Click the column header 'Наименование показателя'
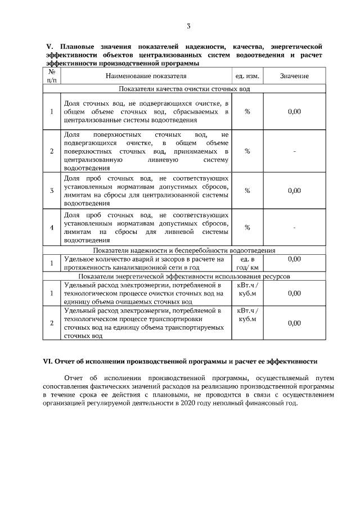click(x=146, y=76)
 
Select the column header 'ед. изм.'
click(x=247, y=76)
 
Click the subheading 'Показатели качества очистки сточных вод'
click(x=184, y=88)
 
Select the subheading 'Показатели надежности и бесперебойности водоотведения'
click(x=184, y=250)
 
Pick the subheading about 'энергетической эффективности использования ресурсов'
click(x=184, y=277)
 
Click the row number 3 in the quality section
click(x=51, y=191)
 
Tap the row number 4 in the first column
click(x=51, y=227)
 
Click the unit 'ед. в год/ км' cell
click(x=247, y=263)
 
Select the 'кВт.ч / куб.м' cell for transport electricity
click(x=247, y=314)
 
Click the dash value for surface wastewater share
click(x=294, y=151)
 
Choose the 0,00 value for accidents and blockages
click(x=294, y=259)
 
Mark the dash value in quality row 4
click(x=294, y=227)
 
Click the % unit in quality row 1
click(x=247, y=111)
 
